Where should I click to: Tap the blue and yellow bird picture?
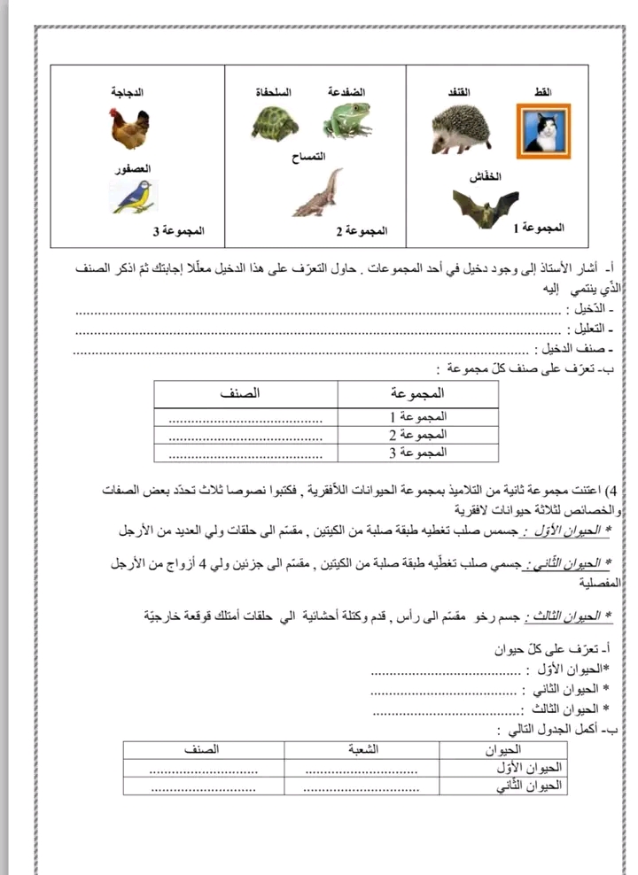click(x=132, y=197)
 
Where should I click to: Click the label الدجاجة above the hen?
click(x=128, y=92)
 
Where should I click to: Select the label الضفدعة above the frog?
click(x=346, y=92)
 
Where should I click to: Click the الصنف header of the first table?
click(x=238, y=392)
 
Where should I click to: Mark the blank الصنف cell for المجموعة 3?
click(x=244, y=453)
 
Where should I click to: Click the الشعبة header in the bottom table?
click(x=361, y=749)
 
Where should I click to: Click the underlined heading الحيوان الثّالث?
click(x=568, y=616)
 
